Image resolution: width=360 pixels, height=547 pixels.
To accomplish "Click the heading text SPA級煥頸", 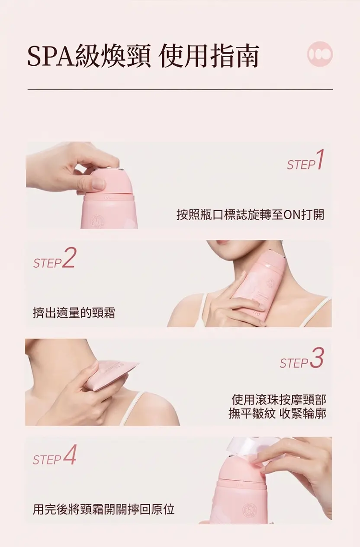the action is (89, 55).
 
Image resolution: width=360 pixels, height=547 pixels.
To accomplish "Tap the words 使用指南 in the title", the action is (209, 55).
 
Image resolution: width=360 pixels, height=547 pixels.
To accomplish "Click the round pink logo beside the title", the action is (320, 54).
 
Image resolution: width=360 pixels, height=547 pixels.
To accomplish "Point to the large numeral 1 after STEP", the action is (319, 159).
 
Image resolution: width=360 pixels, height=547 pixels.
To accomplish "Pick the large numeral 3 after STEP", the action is (316, 358).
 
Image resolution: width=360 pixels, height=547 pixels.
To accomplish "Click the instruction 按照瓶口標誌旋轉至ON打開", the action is (251, 214).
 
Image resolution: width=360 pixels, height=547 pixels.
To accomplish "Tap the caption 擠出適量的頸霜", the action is (74, 313).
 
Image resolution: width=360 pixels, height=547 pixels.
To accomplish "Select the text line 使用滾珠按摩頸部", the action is (279, 400).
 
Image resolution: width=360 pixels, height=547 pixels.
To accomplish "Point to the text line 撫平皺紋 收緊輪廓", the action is (277, 414).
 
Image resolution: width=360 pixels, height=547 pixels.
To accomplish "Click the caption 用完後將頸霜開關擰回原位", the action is (104, 509).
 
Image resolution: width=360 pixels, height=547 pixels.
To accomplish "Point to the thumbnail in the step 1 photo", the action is (98, 183).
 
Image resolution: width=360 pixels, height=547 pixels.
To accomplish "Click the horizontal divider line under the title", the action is (180, 89).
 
